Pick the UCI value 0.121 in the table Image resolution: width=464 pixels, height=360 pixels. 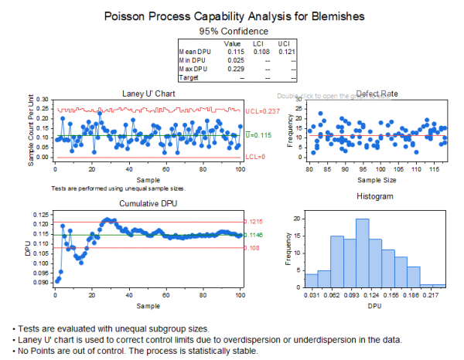[x=285, y=52]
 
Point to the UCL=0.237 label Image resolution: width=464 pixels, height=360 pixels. [x=262, y=111]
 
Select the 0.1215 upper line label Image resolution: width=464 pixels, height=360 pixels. [x=253, y=222]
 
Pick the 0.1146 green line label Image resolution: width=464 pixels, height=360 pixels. [x=253, y=235]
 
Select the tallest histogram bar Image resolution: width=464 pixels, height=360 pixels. [x=362, y=254]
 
